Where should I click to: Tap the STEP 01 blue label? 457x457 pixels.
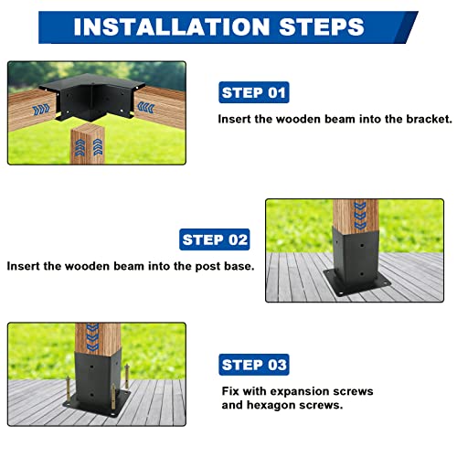click(254, 92)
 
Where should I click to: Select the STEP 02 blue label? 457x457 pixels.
click(215, 240)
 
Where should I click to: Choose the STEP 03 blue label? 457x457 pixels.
click(254, 365)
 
